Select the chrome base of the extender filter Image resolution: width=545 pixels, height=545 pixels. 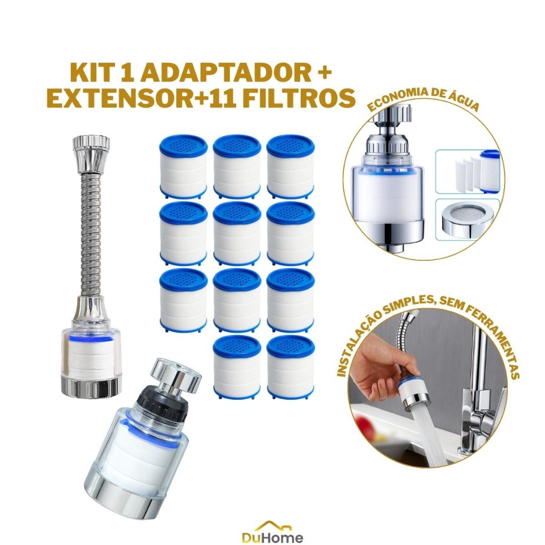(x=91, y=386)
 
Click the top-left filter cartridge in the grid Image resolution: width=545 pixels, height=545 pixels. (x=184, y=166)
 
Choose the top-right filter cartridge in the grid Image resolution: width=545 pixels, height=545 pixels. (x=291, y=166)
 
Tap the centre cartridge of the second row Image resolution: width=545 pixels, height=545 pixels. (x=237, y=233)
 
